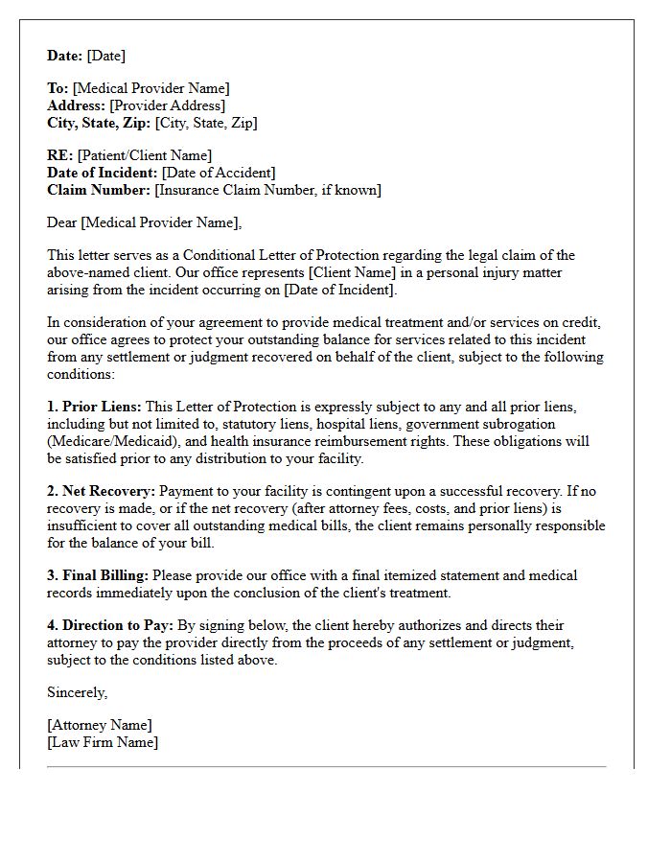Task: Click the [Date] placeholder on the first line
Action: (106, 56)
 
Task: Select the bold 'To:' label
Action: (58, 89)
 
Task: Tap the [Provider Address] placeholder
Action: (168, 106)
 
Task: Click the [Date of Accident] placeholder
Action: (219, 174)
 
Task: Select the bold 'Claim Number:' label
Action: (99, 191)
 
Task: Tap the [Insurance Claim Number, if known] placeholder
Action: (267, 191)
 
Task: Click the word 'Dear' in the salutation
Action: (62, 223)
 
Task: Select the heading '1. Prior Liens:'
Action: (94, 407)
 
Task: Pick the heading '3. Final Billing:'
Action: (98, 575)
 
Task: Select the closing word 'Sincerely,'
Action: (78, 692)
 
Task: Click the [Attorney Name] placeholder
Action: (100, 726)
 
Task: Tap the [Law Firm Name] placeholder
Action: (103, 743)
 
